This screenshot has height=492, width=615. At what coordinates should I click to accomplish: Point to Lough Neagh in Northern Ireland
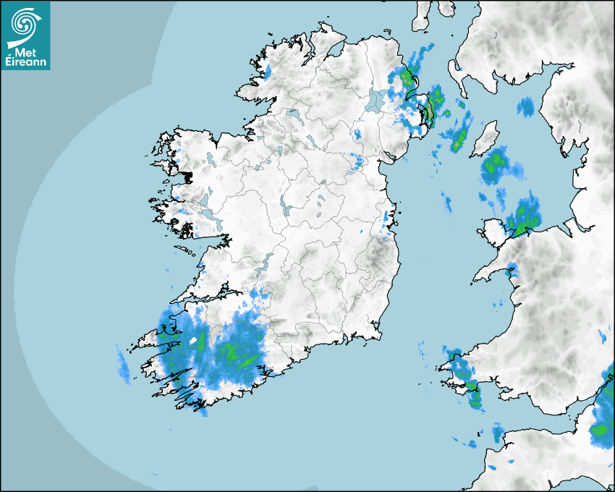tap(375, 101)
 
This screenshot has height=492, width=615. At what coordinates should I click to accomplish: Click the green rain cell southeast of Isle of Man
tap(496, 164)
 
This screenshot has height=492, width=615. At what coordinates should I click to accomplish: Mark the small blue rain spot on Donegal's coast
tap(266, 72)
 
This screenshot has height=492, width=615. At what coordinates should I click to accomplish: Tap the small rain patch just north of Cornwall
tap(497, 432)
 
